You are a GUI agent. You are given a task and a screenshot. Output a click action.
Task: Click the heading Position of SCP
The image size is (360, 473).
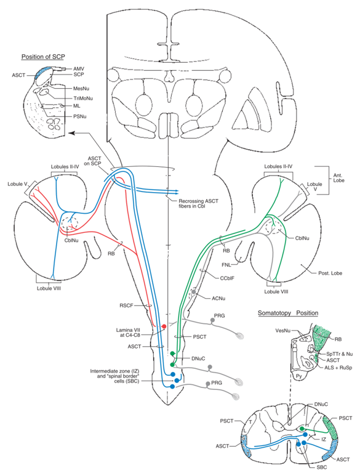coord(44,57)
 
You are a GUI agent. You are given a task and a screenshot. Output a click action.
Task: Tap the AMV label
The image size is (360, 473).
coord(79,68)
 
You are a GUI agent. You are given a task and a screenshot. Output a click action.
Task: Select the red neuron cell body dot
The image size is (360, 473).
coord(164,326)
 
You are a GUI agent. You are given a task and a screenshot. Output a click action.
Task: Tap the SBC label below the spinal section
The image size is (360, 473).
coord(300,466)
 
